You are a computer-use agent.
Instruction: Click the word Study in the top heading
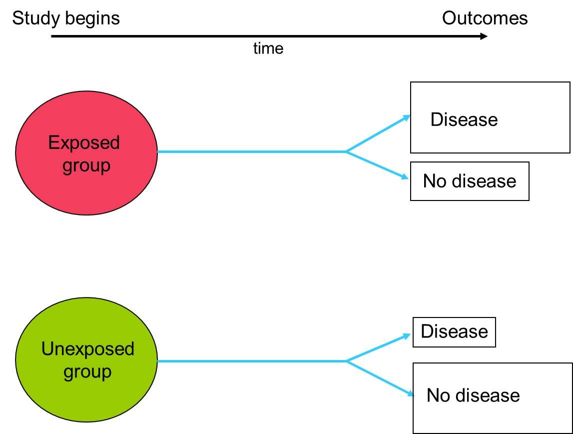(x=36, y=18)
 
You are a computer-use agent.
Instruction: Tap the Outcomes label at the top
(x=485, y=18)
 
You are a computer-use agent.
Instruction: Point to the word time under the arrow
(x=268, y=48)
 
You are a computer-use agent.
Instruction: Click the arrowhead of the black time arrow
(x=484, y=36)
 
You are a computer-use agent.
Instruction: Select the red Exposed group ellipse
(x=86, y=153)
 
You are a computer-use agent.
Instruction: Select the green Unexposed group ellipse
(x=86, y=360)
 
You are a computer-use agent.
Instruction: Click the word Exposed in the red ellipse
(x=84, y=142)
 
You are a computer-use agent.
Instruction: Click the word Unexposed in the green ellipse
(x=88, y=349)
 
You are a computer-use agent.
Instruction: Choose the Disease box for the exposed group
(x=490, y=117)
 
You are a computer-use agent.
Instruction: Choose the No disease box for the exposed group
(x=470, y=181)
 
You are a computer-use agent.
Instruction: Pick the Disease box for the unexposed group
(x=454, y=332)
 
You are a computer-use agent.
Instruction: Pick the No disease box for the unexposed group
(x=493, y=398)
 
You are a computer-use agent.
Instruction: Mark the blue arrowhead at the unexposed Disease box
(x=406, y=336)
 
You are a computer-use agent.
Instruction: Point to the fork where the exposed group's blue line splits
(x=346, y=151)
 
